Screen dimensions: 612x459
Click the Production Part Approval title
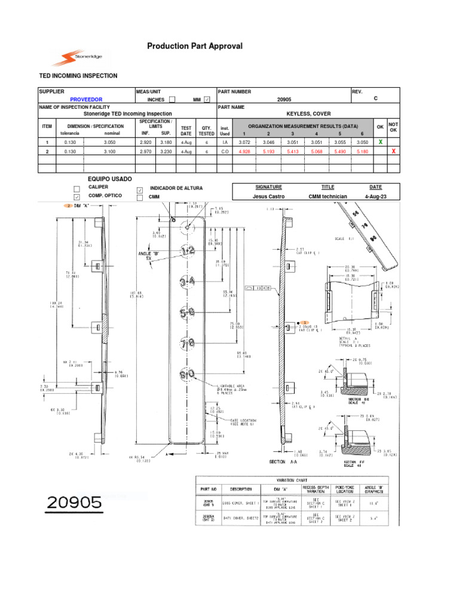pyautogui.click(x=186, y=47)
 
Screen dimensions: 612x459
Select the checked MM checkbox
pyautogui.click(x=207, y=99)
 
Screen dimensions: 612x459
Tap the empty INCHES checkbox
pyautogui.click(x=172, y=99)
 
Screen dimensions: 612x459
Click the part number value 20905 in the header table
pyautogui.click(x=284, y=99)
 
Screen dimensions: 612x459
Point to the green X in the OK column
pyautogui.click(x=380, y=142)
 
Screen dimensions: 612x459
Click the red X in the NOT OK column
pyautogui.click(x=393, y=152)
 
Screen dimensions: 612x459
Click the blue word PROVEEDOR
pyautogui.click(x=87, y=99)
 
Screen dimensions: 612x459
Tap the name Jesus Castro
pyautogui.click(x=268, y=196)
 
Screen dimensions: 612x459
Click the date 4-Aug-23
pyautogui.click(x=375, y=196)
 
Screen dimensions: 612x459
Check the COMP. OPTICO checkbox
pyautogui.click(x=76, y=197)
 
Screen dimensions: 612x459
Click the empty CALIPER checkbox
pyautogui.click(x=76, y=188)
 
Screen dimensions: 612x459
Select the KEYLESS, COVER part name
pyautogui.click(x=308, y=113)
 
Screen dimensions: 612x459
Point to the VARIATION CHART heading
pyautogui.click(x=292, y=479)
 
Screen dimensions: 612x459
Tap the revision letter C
pyautogui.click(x=375, y=99)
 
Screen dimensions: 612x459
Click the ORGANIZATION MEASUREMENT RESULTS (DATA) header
pyautogui.click(x=303, y=127)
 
